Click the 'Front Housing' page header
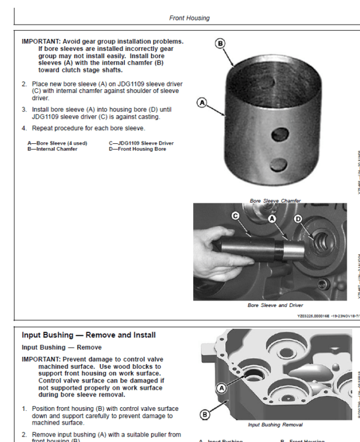click(189, 18)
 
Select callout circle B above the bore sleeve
click(220, 43)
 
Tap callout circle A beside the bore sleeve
click(202, 103)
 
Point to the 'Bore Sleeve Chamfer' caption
click(275, 200)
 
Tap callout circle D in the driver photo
click(298, 220)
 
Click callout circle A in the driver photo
click(272, 220)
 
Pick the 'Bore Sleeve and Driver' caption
click(275, 305)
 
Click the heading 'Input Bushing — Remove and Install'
click(88, 335)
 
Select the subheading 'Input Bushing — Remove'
click(62, 347)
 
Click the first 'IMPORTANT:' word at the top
click(42, 41)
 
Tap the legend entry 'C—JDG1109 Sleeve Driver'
click(142, 143)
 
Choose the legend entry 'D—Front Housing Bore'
click(137, 149)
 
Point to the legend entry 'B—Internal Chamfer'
click(52, 149)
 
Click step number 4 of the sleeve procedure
click(25, 128)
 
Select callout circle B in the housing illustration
click(205, 414)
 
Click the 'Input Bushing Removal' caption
click(275, 425)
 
